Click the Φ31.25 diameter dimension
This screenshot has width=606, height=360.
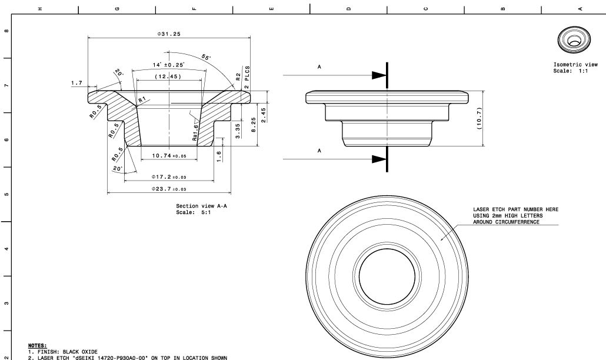169,34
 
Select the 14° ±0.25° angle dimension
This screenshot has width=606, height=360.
169,65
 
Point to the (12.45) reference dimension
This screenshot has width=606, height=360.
168,77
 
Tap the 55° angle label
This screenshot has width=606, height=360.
207,57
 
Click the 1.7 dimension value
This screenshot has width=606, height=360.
76,83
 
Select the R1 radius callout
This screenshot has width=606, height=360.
142,101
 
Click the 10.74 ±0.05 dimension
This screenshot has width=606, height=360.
169,156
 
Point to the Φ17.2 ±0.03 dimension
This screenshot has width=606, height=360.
169,176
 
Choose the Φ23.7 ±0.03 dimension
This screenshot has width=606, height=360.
169,189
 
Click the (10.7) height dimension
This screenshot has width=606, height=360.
480,119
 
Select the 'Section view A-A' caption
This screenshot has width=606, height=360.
194,206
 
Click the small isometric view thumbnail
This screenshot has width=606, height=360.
571,39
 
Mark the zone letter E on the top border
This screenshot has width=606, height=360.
271,8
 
